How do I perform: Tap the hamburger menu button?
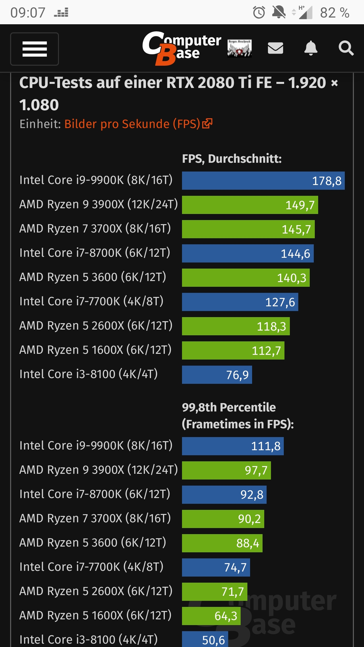pos(34,49)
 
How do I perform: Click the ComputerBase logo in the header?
pos(182,48)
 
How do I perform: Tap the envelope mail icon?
pos(275,48)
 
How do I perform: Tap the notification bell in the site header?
pos(311,48)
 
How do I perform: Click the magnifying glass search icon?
pos(346,48)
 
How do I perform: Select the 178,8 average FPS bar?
pos(263,181)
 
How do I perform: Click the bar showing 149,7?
pos(250,205)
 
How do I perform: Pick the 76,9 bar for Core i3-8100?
pos(217,375)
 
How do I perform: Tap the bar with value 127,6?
pos(240,302)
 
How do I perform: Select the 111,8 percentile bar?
pos(233,446)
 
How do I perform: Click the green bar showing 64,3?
pos(211,616)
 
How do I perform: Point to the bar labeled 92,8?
pos(224,495)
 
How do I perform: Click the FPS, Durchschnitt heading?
pos(232,159)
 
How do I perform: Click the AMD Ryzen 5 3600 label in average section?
pos(93,277)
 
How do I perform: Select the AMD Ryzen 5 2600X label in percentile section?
pos(96,591)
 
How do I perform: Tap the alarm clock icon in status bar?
pos(259,13)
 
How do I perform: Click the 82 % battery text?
pos(334,13)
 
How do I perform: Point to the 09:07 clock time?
pos(28,13)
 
